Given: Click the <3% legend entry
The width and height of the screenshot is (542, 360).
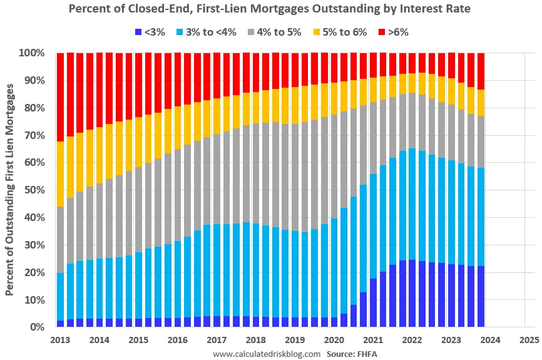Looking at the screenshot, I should [150, 31].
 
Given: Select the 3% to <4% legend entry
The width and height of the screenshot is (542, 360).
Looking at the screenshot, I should [206, 31].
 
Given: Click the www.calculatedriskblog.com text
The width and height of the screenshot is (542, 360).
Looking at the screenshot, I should [267, 354].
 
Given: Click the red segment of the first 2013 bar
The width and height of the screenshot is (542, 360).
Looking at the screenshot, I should [60, 97].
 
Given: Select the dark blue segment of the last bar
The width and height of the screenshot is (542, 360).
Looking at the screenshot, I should [481, 296].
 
